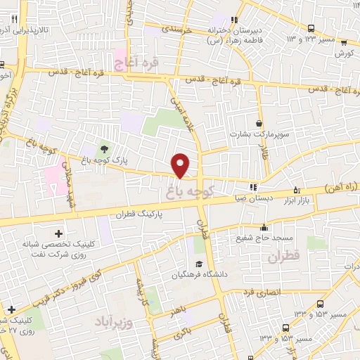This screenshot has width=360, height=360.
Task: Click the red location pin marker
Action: tap(181, 165)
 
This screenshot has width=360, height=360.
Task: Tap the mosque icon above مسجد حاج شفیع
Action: tap(264, 227)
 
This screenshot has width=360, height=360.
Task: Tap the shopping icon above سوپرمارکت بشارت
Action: tap(259, 124)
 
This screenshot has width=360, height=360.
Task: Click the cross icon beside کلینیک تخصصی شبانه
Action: tap(58, 233)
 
